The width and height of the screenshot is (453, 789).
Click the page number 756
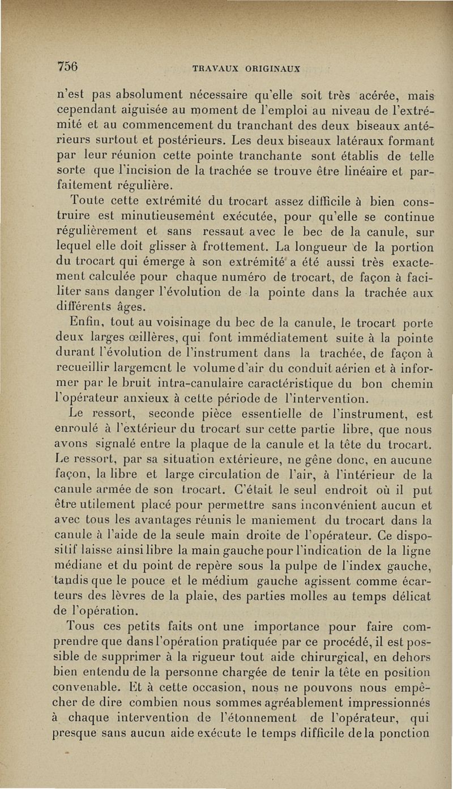(x=68, y=65)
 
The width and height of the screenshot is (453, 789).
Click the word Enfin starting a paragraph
(x=86, y=325)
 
